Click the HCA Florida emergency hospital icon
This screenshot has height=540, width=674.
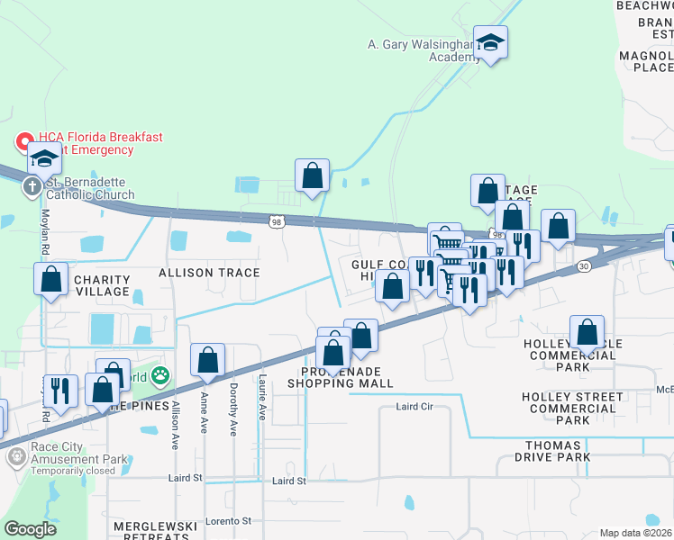23,142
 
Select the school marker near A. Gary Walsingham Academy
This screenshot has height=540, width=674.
490,42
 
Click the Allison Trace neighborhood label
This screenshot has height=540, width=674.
209,273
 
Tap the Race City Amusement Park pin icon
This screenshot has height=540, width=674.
16,457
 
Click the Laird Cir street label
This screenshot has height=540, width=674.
414,407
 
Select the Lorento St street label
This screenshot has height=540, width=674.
228,521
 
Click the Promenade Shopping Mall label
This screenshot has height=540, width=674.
340,377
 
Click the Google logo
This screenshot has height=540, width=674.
30,529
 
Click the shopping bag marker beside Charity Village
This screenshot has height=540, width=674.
51,279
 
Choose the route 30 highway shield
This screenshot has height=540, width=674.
584,265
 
